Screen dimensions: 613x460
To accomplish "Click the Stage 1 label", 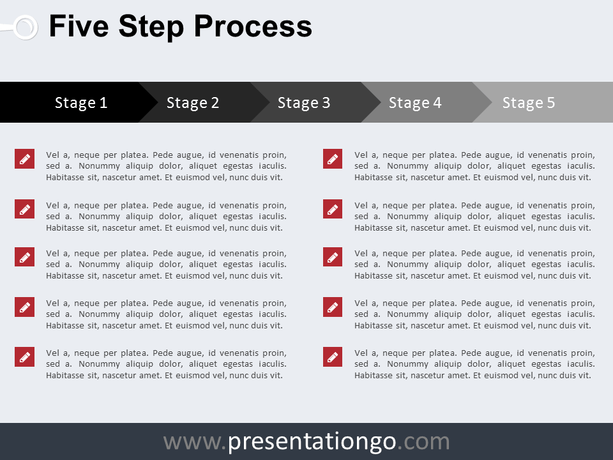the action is (x=81, y=103).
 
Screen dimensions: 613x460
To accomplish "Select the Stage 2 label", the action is (x=193, y=103).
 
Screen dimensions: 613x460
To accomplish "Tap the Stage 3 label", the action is (x=304, y=103).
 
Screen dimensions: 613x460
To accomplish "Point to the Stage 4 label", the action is (x=415, y=103).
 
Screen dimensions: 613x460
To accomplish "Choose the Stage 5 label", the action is (x=529, y=103).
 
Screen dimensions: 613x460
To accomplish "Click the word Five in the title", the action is (x=79, y=26).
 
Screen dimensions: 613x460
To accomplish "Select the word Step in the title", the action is (x=151, y=27).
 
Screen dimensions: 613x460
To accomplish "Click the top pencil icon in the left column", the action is (x=25, y=159).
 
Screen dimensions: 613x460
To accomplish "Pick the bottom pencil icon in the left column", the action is (x=25, y=356).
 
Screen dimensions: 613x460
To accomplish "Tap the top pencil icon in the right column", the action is (x=333, y=159).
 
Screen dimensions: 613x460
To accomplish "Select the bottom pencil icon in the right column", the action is (x=333, y=356).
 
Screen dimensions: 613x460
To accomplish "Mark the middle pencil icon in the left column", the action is (x=25, y=257).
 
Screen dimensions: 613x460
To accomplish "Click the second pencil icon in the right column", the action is (x=333, y=209).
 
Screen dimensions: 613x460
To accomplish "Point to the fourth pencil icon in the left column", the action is (x=25, y=307).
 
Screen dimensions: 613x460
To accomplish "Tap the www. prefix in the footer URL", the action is (x=195, y=442).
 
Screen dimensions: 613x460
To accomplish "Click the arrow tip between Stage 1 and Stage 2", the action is (x=157, y=102).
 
